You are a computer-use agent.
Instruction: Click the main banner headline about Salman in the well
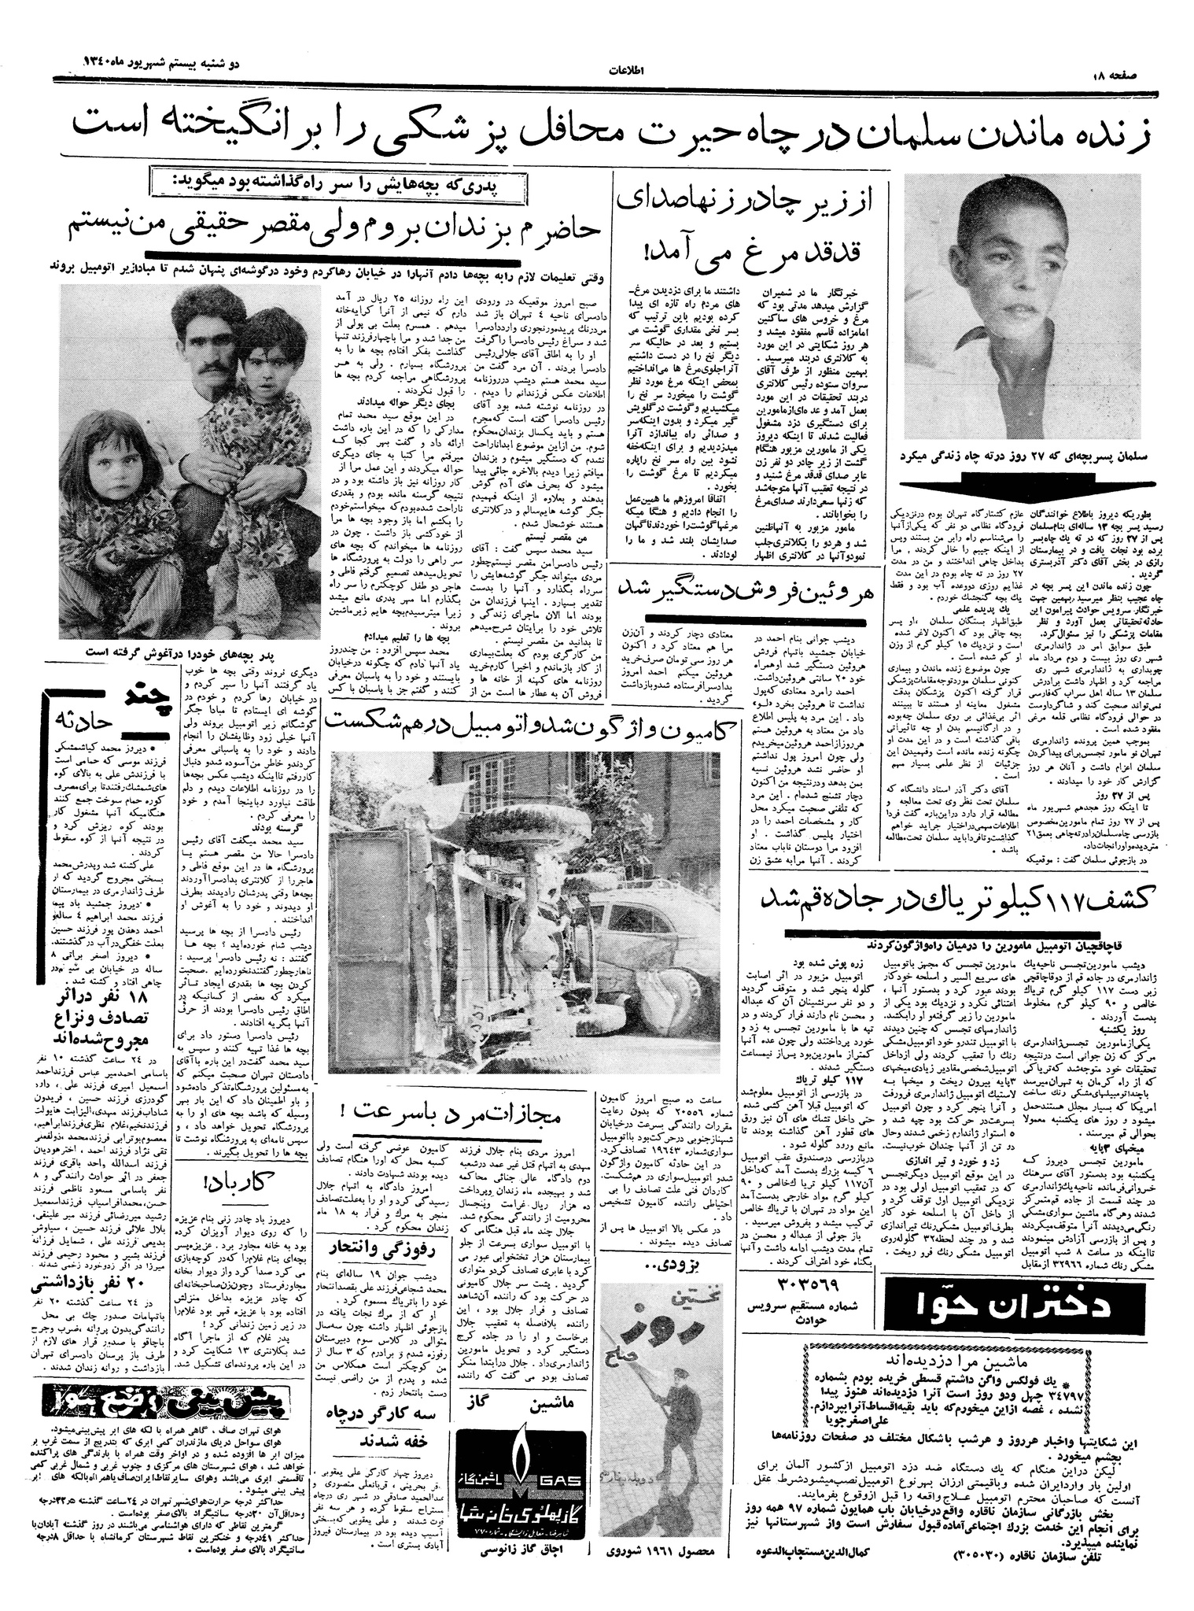point(598,125)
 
